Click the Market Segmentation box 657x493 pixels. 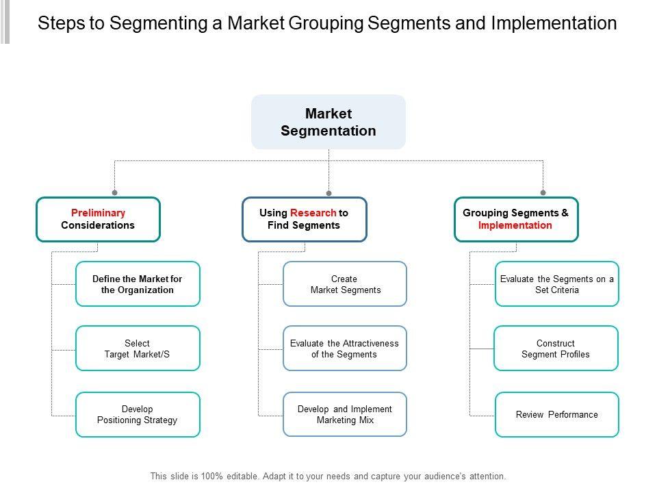coord(328,122)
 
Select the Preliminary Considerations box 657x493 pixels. coord(98,219)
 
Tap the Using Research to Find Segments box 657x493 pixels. coord(304,219)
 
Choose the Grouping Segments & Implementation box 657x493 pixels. coord(515,219)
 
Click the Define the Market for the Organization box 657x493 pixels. coord(138,283)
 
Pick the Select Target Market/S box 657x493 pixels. coord(138,349)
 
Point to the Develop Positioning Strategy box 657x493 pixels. coord(138,414)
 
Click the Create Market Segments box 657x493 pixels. coord(345,283)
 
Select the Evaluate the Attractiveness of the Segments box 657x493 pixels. coord(345,349)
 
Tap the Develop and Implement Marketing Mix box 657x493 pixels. coord(345,414)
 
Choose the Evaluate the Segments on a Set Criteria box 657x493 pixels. coord(557,283)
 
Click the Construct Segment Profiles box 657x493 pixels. coord(556,349)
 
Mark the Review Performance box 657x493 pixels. coord(557,414)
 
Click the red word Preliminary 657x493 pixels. coord(98,213)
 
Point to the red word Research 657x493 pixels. coord(313,213)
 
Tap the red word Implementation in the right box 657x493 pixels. coord(515,225)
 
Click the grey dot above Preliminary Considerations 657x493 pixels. coord(115,193)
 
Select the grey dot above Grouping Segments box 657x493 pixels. coord(543,193)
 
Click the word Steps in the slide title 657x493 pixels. coord(62,23)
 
